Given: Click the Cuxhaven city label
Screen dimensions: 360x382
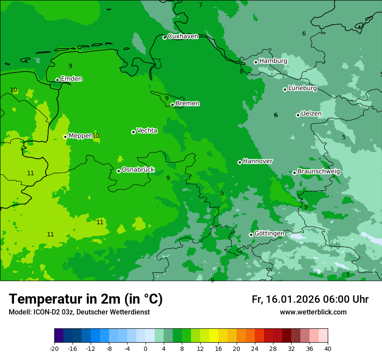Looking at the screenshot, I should click(183, 36).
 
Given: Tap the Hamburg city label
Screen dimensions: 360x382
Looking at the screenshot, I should click(273, 61).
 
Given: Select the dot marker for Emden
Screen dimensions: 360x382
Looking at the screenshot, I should click(57, 80).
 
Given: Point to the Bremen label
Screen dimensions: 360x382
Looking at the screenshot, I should click(188, 104).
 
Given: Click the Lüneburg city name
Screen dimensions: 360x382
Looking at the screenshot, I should click(302, 88).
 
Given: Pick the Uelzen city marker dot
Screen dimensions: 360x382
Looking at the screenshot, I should click(298, 115).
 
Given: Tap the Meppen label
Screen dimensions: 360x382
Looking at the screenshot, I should click(80, 136).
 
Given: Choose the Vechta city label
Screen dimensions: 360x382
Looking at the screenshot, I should click(147, 131).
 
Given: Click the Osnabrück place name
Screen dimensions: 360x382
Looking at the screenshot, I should click(138, 170).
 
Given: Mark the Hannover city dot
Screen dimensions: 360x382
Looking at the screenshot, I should click(240, 162).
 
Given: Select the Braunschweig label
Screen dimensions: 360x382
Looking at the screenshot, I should click(319, 172).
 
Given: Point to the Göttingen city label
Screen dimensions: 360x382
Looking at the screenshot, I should click(269, 234).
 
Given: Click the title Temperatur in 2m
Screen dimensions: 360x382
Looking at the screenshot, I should click(86, 299).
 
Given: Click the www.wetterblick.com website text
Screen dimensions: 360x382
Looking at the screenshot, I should click(313, 312).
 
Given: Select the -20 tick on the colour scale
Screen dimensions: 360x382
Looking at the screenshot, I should click(54, 348).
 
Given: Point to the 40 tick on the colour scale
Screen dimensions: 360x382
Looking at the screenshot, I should click(327, 348).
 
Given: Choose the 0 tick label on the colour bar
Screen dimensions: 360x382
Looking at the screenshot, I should click(145, 348).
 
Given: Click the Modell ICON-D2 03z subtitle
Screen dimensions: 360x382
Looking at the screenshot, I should click(79, 312).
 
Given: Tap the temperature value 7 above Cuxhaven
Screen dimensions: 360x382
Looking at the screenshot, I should click(201, 5).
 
